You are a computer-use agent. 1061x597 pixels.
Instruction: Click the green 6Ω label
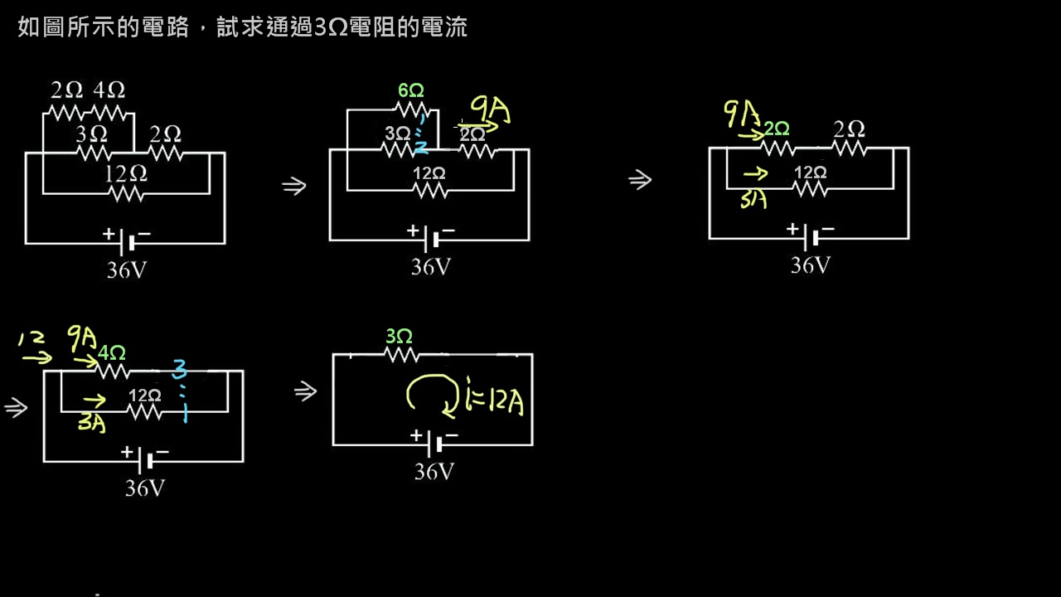pyautogui.click(x=411, y=90)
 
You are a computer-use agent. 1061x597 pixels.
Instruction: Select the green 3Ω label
pyautogui.click(x=399, y=337)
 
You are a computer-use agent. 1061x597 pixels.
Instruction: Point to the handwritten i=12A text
pyautogui.click(x=494, y=402)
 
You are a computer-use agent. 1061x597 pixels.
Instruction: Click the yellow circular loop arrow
pyautogui.click(x=431, y=395)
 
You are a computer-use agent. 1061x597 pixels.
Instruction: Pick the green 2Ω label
pyautogui.click(x=777, y=129)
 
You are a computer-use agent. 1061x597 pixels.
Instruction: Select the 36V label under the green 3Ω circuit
pyautogui.click(x=434, y=472)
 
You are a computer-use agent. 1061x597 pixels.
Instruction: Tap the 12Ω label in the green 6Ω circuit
pyautogui.click(x=429, y=173)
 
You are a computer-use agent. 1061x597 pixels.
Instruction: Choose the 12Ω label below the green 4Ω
pyautogui.click(x=144, y=396)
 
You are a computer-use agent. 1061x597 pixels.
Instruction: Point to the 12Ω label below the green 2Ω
pyautogui.click(x=810, y=172)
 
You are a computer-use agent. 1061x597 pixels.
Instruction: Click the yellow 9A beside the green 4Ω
pyautogui.click(x=83, y=338)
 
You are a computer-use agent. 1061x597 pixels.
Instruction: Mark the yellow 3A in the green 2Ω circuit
pyautogui.click(x=753, y=200)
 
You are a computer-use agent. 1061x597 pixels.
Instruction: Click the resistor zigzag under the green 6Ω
pyautogui.click(x=411, y=109)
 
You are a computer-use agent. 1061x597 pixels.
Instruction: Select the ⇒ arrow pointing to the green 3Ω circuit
pyautogui.click(x=305, y=391)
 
